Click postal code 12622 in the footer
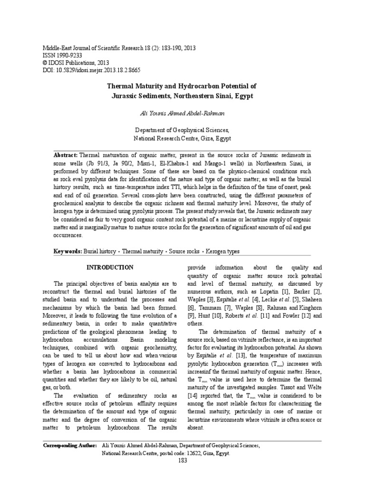point(188,453)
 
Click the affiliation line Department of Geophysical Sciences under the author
point(182,130)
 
